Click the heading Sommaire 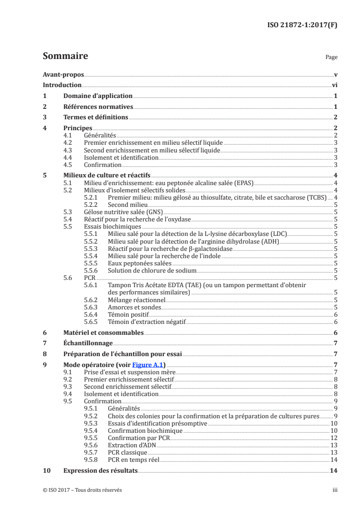click(x=65, y=56)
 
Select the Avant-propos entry click(x=63, y=74)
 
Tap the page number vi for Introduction click(x=334, y=85)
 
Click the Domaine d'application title click(x=98, y=96)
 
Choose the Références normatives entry click(x=98, y=107)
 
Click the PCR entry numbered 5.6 click(x=89, y=277)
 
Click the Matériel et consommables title click(x=104, y=333)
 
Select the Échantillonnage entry click(x=88, y=343)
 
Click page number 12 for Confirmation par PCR click(x=334, y=438)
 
